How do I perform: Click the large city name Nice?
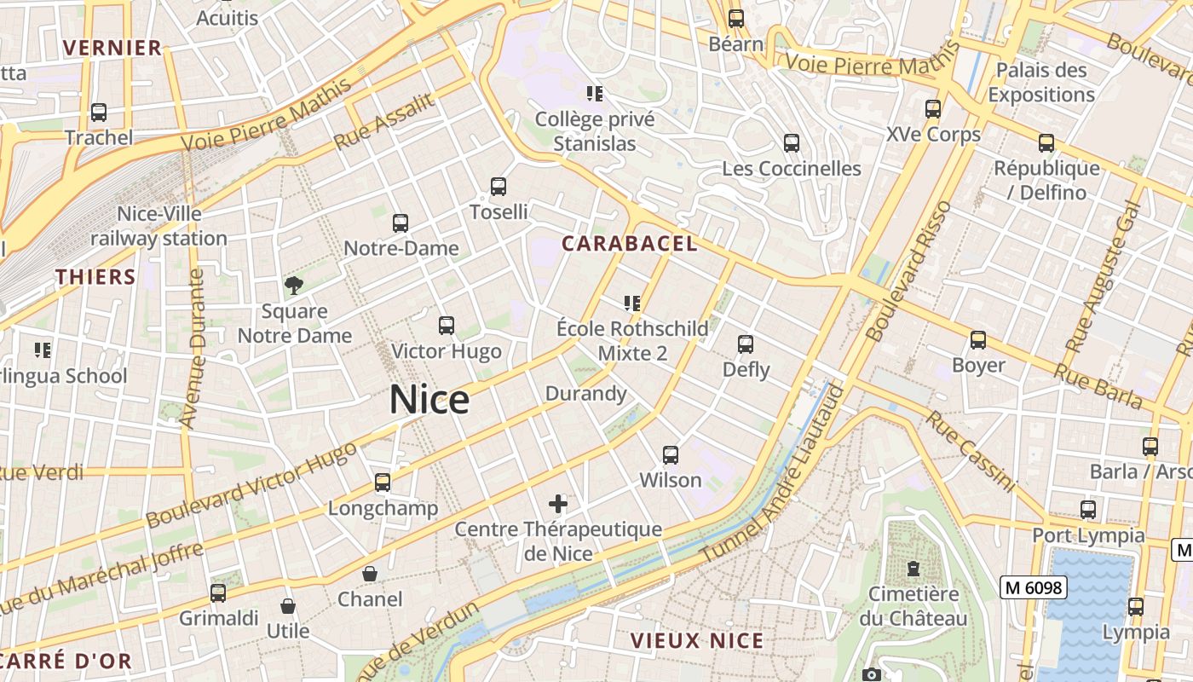tap(429, 400)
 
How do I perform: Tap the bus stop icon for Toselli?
tap(499, 186)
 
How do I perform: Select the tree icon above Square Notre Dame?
tap(294, 286)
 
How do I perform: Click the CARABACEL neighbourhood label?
tap(629, 244)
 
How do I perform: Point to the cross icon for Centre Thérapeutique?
tap(558, 504)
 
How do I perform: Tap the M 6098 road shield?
tap(1033, 587)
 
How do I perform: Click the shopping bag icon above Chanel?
tap(370, 574)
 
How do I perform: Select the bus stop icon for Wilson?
tap(671, 454)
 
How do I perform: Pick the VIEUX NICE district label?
tap(697, 640)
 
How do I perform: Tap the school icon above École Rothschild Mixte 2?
tap(631, 303)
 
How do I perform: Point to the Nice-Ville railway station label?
tap(159, 226)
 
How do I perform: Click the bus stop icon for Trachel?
tap(99, 112)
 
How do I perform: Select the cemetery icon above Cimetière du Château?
tap(913, 568)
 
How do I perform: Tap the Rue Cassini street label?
tap(971, 452)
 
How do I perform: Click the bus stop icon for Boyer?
tap(978, 340)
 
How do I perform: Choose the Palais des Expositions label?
tap(1041, 82)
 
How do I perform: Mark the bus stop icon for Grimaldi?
tap(218, 592)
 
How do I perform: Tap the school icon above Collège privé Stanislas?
tap(595, 93)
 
